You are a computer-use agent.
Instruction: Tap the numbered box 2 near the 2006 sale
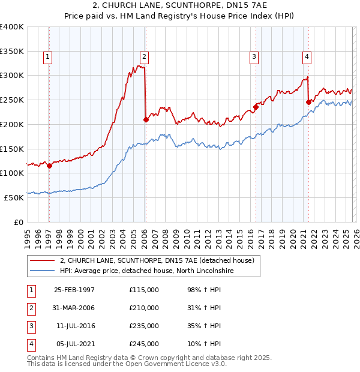pos(145,57)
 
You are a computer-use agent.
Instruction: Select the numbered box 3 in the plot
pos(254,57)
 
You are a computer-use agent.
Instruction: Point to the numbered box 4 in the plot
pos(307,57)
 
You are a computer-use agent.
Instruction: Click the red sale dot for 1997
pos(49,166)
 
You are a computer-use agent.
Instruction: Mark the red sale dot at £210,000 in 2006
pos(146,119)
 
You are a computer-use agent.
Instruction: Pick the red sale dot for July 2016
pos(255,107)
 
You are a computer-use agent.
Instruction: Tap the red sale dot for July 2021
pos(308,102)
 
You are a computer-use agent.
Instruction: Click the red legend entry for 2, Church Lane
pos(157,260)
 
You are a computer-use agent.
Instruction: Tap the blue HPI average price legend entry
pos(146,271)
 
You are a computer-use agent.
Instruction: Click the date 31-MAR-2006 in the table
pos(74,308)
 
